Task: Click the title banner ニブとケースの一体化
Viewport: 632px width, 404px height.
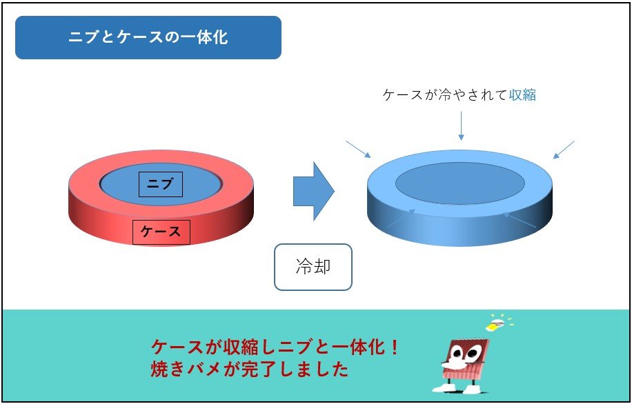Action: pyautogui.click(x=148, y=37)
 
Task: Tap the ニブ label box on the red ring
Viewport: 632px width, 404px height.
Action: pyautogui.click(x=161, y=185)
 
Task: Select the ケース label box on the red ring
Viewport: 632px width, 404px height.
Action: pyautogui.click(x=161, y=232)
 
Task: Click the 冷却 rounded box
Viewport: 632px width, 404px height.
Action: pyautogui.click(x=313, y=267)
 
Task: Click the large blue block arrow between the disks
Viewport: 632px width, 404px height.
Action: pyautogui.click(x=313, y=192)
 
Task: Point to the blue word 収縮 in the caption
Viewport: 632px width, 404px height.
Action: pyautogui.click(x=522, y=95)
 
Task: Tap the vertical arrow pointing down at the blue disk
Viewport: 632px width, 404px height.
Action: pyautogui.click(x=461, y=125)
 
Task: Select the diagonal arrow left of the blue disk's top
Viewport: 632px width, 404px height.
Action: pyautogui.click(x=358, y=150)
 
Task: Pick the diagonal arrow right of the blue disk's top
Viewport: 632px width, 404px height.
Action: pyautogui.click(x=564, y=150)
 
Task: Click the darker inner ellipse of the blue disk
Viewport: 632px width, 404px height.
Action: pyautogui.click(x=460, y=183)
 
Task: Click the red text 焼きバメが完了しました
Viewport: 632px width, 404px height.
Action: pyautogui.click(x=249, y=370)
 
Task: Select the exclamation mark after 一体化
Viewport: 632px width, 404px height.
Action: pyautogui.click(x=394, y=347)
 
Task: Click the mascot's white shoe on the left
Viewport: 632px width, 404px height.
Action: pyautogui.click(x=444, y=388)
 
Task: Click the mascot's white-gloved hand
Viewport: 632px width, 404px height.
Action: pyautogui.click(x=453, y=365)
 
